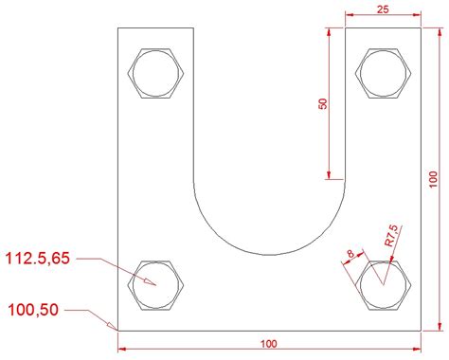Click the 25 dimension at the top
pos(382,9)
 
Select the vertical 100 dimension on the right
pos(433,178)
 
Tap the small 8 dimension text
pos(350,253)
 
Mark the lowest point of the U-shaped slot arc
pos(269,254)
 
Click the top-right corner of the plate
pos(422,28)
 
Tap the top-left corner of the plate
pos(117,28)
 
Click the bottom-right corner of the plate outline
pos(422,331)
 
